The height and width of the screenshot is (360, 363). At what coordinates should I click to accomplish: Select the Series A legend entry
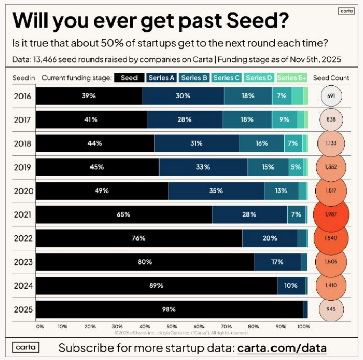[x=162, y=78]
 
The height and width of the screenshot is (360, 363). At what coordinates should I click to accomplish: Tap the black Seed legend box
[x=129, y=78]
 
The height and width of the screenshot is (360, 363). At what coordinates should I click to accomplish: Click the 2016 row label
[x=22, y=96]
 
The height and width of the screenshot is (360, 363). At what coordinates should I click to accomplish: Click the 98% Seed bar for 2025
[x=169, y=309]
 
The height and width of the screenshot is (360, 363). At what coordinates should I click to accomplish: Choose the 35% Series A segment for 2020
[x=216, y=191]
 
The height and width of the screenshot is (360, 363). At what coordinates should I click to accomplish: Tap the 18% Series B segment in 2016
[x=248, y=96]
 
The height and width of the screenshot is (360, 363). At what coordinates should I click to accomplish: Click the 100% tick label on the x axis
[x=303, y=325]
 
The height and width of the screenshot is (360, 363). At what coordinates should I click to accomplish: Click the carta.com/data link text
[x=282, y=348]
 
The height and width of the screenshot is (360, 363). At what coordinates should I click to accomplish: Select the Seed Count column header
[x=331, y=78]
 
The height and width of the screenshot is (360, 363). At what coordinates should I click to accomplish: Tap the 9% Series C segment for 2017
[x=284, y=119]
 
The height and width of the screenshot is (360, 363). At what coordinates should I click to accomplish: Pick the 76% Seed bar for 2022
[x=139, y=238]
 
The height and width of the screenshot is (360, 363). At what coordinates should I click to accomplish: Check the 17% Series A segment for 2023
[x=278, y=262]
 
